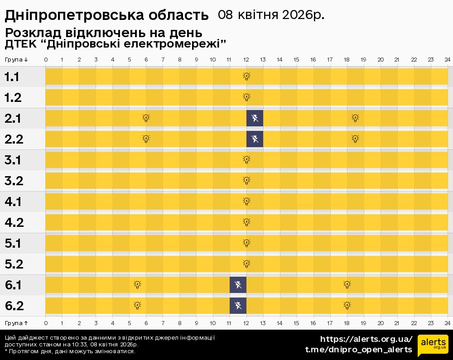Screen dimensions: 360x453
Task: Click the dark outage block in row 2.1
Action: coord(255,118)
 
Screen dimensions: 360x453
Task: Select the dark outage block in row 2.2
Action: coord(255,139)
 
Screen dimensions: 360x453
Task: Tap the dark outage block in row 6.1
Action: coord(238,285)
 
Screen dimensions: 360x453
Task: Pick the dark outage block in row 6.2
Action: coord(238,306)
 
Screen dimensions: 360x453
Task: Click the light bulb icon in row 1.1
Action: coord(246,76)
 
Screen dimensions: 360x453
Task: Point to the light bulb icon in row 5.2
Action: coord(246,264)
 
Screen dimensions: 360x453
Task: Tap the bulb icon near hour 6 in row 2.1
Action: coord(146,118)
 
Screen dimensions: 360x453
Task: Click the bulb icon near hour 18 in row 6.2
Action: coord(347,306)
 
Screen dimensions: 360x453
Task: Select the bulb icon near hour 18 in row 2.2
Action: coord(356,139)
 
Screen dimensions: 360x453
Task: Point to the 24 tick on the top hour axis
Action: coord(447,60)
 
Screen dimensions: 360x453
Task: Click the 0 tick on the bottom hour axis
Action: coord(46,323)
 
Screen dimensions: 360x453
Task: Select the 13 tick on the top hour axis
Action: coord(263,60)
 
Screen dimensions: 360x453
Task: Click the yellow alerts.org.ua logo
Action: coord(433,346)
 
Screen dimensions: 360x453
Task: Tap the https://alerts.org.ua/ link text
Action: coord(366,339)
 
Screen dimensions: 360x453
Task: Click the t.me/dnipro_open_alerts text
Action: coord(358,350)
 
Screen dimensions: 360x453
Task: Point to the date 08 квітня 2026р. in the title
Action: coord(271,15)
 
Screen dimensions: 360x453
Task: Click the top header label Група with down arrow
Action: coord(16,60)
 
